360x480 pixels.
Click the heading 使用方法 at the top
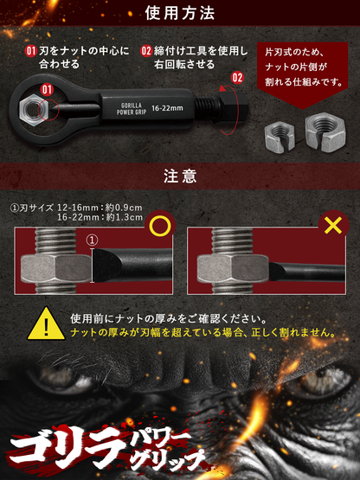coord(180,15)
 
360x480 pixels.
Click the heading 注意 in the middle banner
coord(180,176)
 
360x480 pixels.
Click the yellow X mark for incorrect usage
coord(329,227)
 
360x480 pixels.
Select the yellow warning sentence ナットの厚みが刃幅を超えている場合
coord(202,331)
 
